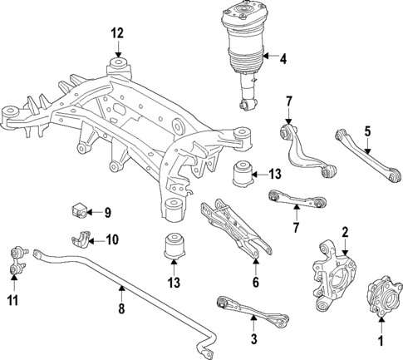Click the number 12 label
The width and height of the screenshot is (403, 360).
tap(118, 33)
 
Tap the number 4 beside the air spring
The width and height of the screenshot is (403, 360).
tap(283, 59)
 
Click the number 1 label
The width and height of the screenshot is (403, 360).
tap(381, 339)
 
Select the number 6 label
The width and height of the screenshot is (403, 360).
tap(255, 282)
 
